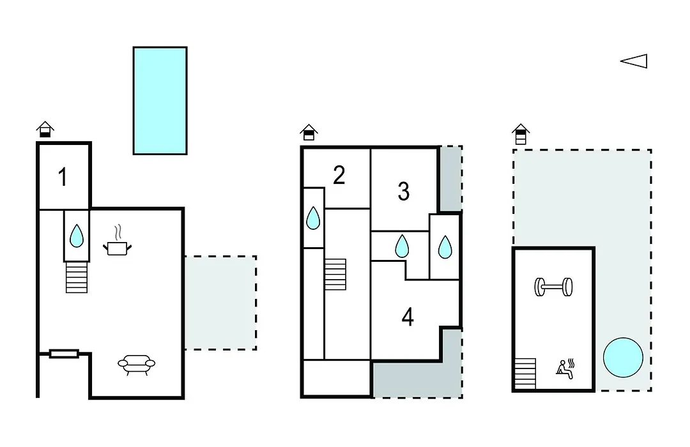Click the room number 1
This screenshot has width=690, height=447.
pyautogui.click(x=63, y=177)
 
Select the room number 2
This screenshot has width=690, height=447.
pyautogui.click(x=339, y=175)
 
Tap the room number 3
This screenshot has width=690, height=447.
pyautogui.click(x=404, y=192)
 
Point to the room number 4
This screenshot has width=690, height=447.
pyautogui.click(x=408, y=317)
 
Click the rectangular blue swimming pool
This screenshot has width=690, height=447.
pyautogui.click(x=160, y=101)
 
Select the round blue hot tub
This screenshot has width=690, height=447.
pyautogui.click(x=623, y=357)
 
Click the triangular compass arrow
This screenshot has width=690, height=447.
pyautogui.click(x=634, y=61)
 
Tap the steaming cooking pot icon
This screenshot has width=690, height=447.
pyautogui.click(x=117, y=241)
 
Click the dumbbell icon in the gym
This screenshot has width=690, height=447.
pyautogui.click(x=553, y=287)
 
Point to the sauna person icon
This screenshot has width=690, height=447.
pyautogui.click(x=565, y=369)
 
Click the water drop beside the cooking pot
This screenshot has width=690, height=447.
pyautogui.click(x=77, y=236)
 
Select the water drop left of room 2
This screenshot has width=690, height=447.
pyautogui.click(x=313, y=218)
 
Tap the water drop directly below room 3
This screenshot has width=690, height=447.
pyautogui.click(x=402, y=246)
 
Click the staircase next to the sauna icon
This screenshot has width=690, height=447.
pyautogui.click(x=525, y=374)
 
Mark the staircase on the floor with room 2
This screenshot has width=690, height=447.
pyautogui.click(x=335, y=274)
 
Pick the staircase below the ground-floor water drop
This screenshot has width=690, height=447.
pyautogui.click(x=77, y=277)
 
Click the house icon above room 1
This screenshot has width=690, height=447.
pyautogui.click(x=45, y=130)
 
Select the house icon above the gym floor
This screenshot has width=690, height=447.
pyautogui.click(x=521, y=134)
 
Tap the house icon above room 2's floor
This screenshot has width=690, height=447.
pyautogui.click(x=309, y=132)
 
